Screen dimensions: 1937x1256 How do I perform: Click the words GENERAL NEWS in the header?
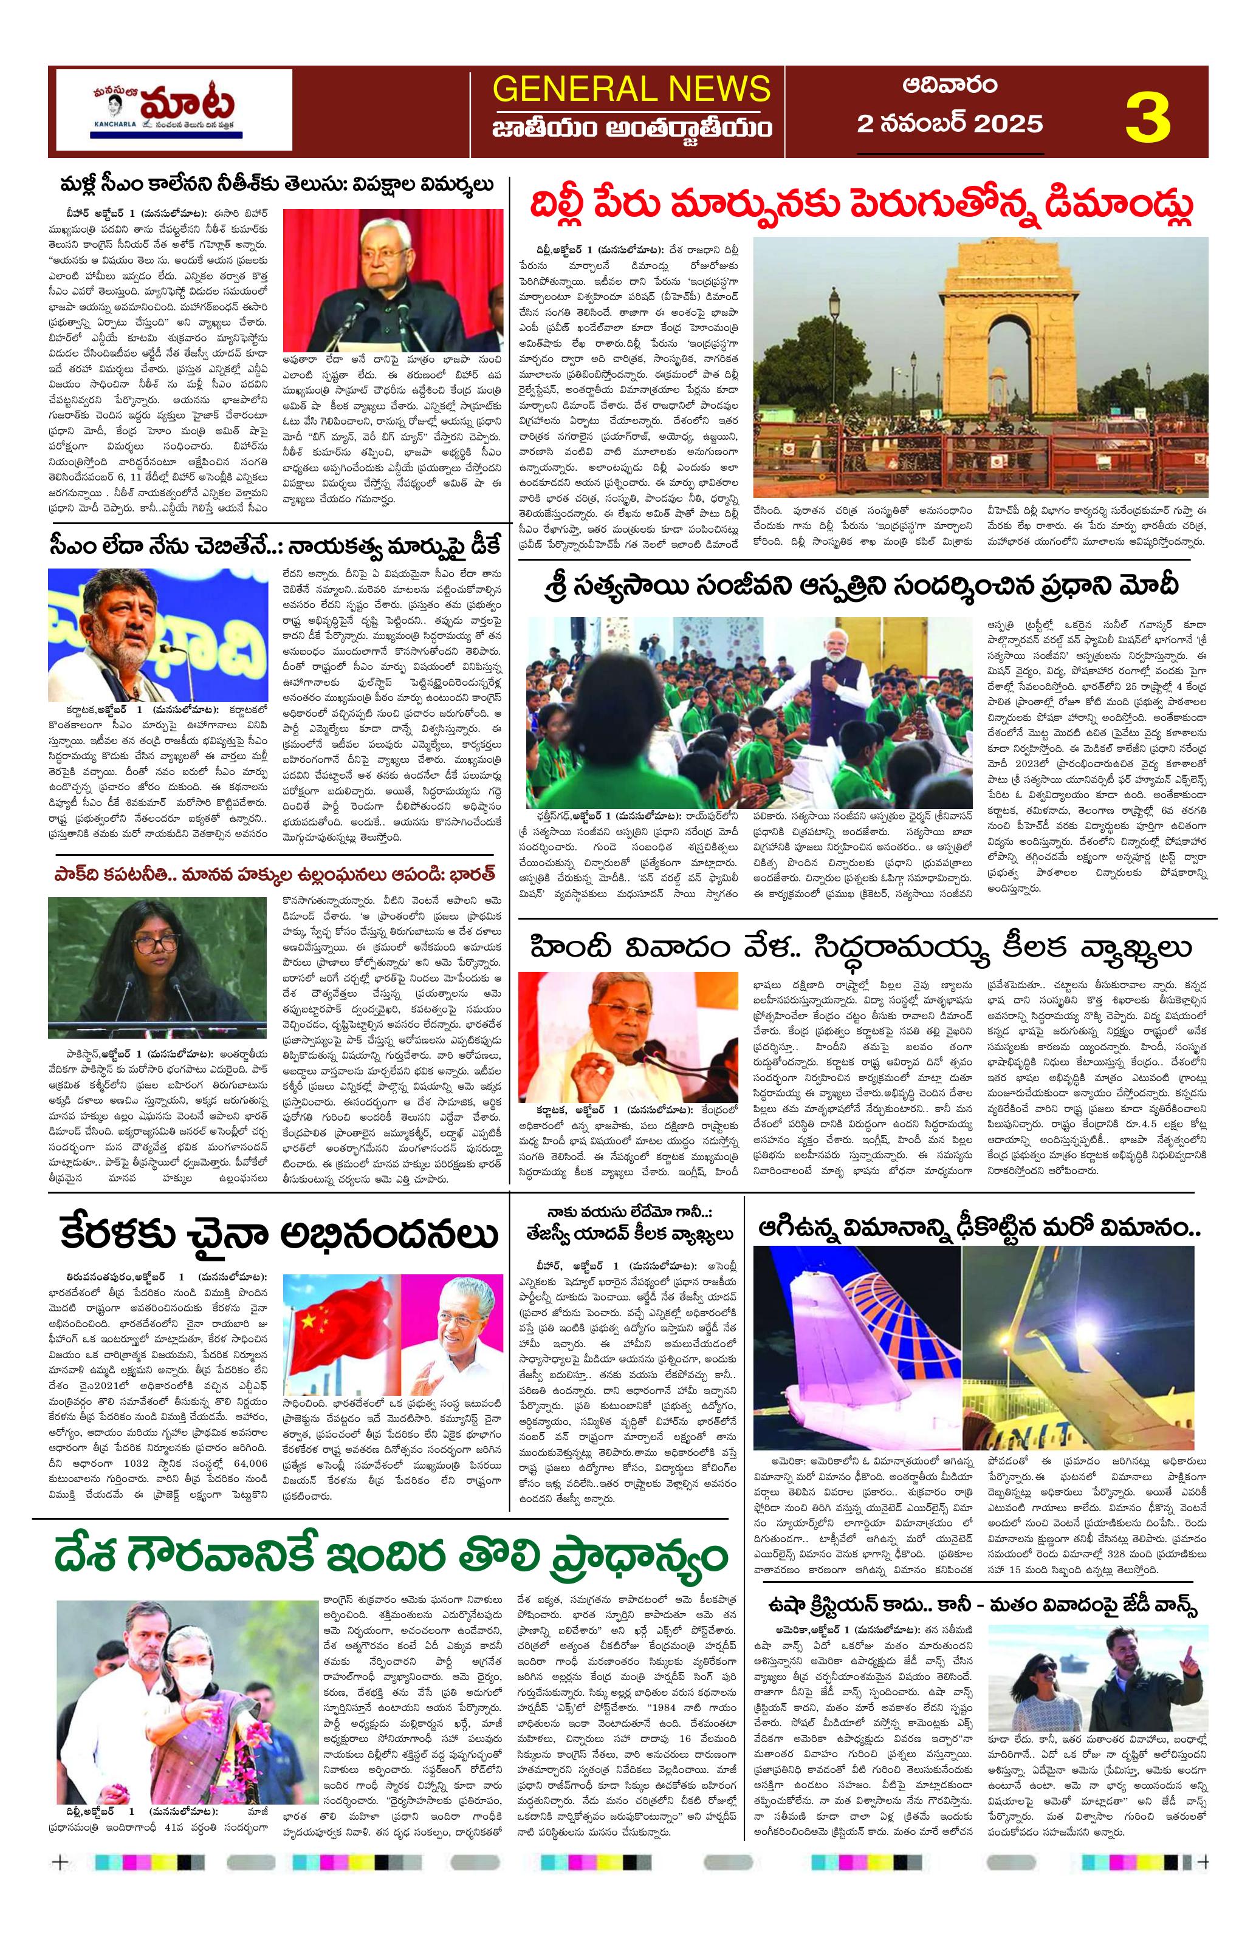tap(631, 88)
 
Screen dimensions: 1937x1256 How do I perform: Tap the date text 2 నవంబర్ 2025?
tap(949, 123)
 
